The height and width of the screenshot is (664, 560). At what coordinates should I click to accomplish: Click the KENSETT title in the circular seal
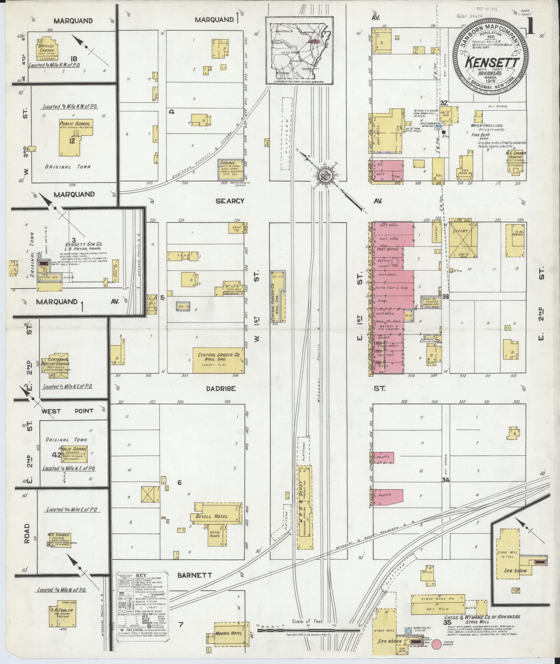click(x=490, y=63)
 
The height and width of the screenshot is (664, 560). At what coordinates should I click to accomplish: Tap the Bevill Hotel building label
click(x=216, y=516)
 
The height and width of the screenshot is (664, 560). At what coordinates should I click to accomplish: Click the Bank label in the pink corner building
click(x=380, y=174)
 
